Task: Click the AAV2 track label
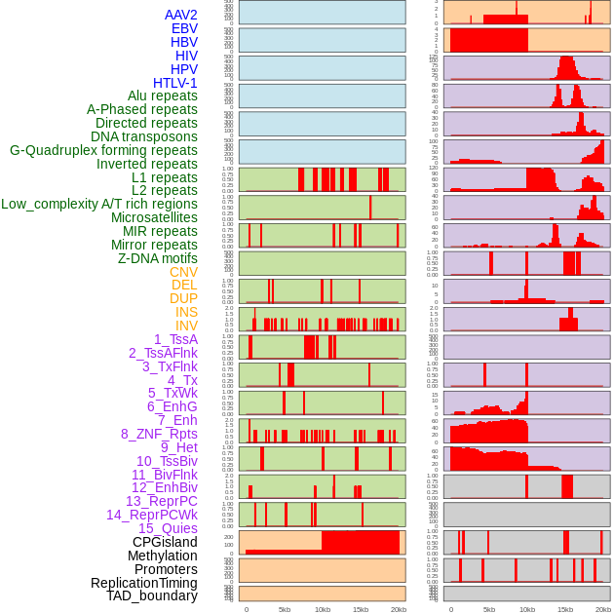181,15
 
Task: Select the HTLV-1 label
175,83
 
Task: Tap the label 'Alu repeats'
163,96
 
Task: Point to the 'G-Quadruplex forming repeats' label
103,150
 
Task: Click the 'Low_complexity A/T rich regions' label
99,204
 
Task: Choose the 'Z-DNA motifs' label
158,258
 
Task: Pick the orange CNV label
183,272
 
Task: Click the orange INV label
186,326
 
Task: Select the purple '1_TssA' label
175,339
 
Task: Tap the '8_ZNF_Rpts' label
159,434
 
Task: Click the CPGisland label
165,542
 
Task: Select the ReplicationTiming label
144,583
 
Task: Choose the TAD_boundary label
152,595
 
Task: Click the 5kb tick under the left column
285,609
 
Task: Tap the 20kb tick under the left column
399,609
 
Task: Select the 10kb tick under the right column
526,609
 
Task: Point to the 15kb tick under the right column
564,609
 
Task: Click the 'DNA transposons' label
144,136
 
